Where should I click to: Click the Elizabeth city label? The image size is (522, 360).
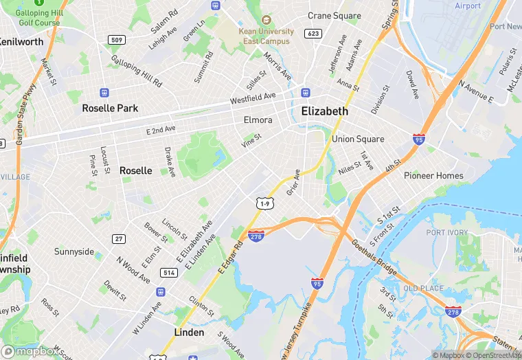(x=325, y=111)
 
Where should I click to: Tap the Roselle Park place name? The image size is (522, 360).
(x=110, y=108)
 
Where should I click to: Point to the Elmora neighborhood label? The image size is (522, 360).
(x=258, y=120)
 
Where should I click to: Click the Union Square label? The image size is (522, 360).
(x=358, y=139)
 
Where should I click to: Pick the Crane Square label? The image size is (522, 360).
(x=334, y=16)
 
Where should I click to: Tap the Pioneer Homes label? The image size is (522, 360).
(x=433, y=175)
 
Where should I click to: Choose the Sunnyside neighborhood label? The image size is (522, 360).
(x=74, y=251)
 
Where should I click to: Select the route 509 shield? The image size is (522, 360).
(x=117, y=40)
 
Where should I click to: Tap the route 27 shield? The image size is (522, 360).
(x=119, y=238)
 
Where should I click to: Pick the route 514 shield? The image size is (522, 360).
(x=169, y=273)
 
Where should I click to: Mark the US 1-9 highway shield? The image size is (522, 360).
(x=265, y=203)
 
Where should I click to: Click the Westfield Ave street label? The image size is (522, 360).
(x=252, y=99)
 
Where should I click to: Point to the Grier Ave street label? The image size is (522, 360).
(x=293, y=182)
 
